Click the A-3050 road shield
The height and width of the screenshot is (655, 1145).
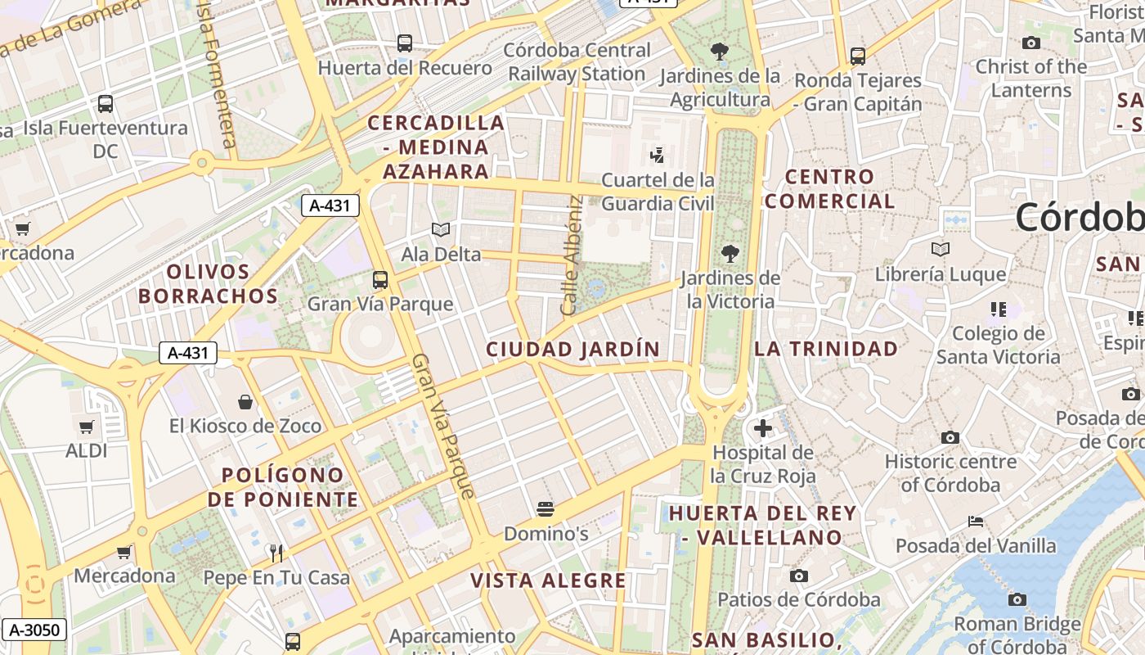(x=34, y=630)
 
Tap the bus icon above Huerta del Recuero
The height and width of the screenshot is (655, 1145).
(x=404, y=43)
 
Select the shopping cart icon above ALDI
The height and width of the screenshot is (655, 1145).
(x=87, y=427)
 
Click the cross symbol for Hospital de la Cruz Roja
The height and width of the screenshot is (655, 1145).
(x=762, y=427)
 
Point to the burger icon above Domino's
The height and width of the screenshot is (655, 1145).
(x=546, y=509)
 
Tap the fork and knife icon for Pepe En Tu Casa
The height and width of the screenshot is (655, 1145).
(x=276, y=553)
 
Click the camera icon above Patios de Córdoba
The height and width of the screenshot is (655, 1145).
(x=799, y=576)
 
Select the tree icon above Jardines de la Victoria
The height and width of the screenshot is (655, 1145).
(x=730, y=254)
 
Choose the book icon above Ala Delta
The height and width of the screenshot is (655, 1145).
(x=441, y=230)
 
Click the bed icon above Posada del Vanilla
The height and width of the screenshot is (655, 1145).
(x=975, y=522)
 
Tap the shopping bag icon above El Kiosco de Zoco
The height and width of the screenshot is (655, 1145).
(x=245, y=401)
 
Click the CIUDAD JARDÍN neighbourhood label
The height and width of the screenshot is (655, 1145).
(x=572, y=350)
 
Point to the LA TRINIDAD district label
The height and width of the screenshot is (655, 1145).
(x=826, y=349)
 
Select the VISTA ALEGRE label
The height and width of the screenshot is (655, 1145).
(x=548, y=581)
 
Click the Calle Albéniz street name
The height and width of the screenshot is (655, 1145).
(x=571, y=255)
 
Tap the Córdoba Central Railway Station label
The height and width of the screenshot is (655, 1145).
(x=577, y=62)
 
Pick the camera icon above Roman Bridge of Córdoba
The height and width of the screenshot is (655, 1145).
(x=1017, y=600)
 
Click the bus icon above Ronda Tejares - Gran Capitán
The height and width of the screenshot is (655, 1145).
(x=857, y=56)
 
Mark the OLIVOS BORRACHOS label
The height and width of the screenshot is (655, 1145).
(x=209, y=283)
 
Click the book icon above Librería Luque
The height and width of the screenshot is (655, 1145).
(x=941, y=250)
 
